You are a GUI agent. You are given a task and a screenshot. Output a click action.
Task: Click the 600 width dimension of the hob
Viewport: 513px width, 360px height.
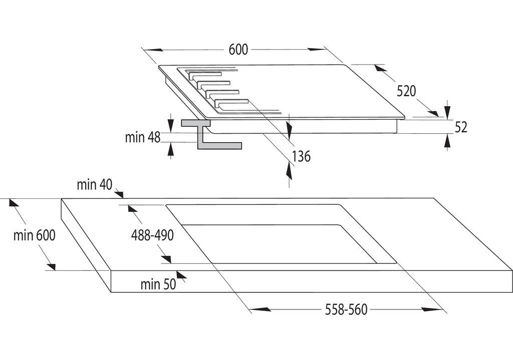pos(238,50)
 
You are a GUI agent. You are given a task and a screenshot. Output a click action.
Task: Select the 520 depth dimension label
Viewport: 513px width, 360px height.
pos(406,91)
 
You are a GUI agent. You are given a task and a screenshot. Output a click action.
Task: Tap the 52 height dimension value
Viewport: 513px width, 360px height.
pos(461,127)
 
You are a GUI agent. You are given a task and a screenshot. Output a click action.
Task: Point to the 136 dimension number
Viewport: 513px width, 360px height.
pos(301,156)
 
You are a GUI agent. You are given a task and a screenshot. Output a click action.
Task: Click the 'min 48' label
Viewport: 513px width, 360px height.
pos(143,137)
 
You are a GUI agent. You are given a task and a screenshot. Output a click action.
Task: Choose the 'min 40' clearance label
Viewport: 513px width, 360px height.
pos(94,185)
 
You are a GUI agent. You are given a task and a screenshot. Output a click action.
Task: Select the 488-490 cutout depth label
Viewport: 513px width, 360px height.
pos(152,235)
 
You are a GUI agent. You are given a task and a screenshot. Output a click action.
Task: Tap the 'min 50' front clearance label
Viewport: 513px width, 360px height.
pos(158,284)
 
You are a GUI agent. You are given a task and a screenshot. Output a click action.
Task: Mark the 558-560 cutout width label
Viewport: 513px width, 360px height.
pos(346,310)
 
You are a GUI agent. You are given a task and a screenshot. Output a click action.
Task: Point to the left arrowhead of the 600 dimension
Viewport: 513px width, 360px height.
pos(153,50)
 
